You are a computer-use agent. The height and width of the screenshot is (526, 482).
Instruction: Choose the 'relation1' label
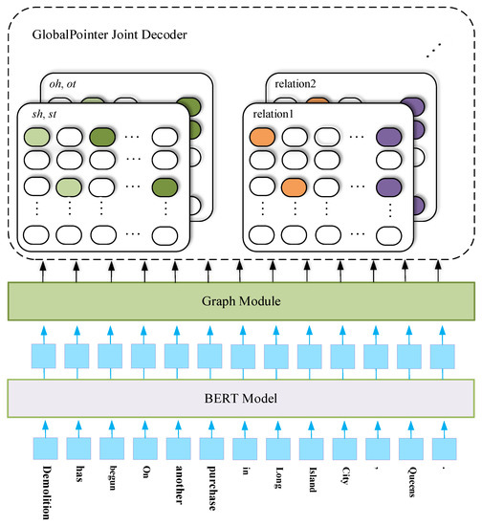click(276, 116)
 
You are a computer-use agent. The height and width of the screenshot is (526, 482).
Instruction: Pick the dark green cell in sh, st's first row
click(101, 138)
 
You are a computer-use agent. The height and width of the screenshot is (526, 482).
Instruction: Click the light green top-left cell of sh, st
click(36, 138)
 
